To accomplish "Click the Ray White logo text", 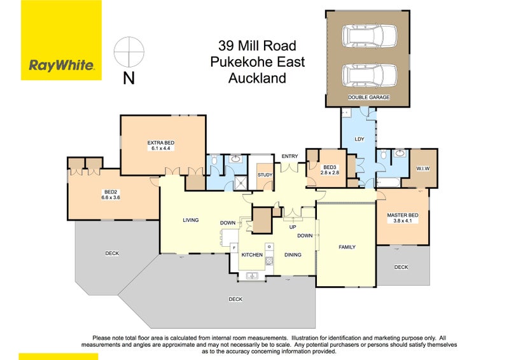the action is (x=62, y=66).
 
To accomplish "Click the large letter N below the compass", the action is (x=129, y=78).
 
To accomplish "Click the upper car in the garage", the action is (x=369, y=36).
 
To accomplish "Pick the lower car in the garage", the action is (x=369, y=75).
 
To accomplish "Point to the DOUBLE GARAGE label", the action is (x=369, y=97).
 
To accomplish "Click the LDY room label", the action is (x=359, y=139).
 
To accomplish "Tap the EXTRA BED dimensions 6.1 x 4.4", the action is (x=161, y=148).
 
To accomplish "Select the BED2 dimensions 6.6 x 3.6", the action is (x=111, y=197).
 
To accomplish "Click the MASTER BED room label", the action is (x=403, y=215).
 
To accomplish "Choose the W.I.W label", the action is (x=423, y=169).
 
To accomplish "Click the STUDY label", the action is (x=265, y=175).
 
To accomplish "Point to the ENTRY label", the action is (x=289, y=156).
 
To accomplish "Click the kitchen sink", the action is (x=252, y=276).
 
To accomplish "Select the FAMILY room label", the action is (x=347, y=247).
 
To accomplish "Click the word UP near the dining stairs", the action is (x=293, y=227).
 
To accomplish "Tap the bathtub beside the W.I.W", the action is (x=388, y=182).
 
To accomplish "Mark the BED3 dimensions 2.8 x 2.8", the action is (x=330, y=173).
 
